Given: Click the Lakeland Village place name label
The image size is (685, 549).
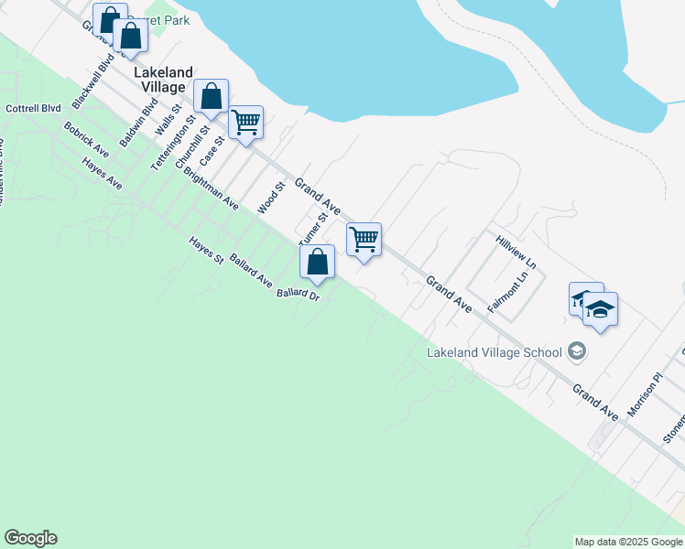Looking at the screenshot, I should click(x=164, y=80).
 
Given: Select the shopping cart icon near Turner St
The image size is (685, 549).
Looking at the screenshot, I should click(x=364, y=240).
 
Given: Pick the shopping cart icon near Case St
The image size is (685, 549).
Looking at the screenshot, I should click(x=245, y=121).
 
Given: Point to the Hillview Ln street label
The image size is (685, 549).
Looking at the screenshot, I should click(x=516, y=251).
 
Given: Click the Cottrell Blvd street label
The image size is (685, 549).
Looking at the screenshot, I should click(x=32, y=108).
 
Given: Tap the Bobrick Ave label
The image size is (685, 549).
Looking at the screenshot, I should click(x=87, y=139).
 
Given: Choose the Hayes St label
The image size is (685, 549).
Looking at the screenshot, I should click(x=206, y=251).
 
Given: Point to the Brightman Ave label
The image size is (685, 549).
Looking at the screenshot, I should click(x=210, y=188).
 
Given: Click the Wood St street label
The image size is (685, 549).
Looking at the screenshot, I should click(x=272, y=197).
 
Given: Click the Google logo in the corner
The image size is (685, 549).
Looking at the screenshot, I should click(x=30, y=538).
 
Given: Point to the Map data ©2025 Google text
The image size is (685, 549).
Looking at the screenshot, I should click(x=628, y=542).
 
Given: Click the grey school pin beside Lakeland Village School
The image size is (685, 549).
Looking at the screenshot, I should click(x=577, y=350).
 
